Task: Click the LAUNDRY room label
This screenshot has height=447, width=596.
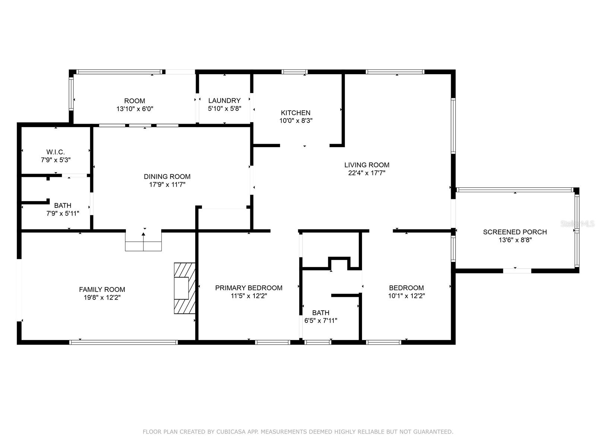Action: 224,101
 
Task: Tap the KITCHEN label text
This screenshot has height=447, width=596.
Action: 295,112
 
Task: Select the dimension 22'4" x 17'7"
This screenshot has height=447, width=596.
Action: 367,173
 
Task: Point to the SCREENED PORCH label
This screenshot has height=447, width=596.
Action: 515,232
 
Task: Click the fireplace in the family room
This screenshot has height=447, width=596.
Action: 185,288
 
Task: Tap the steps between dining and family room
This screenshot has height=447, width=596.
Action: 143,242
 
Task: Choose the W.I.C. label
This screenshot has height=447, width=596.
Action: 56,152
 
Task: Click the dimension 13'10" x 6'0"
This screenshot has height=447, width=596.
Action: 135,109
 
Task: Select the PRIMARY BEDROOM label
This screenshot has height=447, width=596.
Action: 249,288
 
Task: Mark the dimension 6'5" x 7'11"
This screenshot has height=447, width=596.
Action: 321,320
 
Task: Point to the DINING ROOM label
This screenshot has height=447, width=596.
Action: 167,177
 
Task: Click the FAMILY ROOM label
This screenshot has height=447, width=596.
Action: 102,289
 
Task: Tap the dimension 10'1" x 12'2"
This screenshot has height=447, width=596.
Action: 406,296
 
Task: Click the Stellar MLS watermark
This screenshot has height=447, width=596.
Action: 577,224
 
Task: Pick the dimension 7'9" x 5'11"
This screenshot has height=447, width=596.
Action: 63,213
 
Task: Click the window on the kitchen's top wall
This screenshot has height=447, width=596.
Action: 295,72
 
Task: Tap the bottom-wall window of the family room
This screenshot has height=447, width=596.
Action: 124,342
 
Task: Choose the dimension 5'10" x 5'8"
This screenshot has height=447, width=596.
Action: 225,108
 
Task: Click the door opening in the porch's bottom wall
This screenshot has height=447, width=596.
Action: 517,271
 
